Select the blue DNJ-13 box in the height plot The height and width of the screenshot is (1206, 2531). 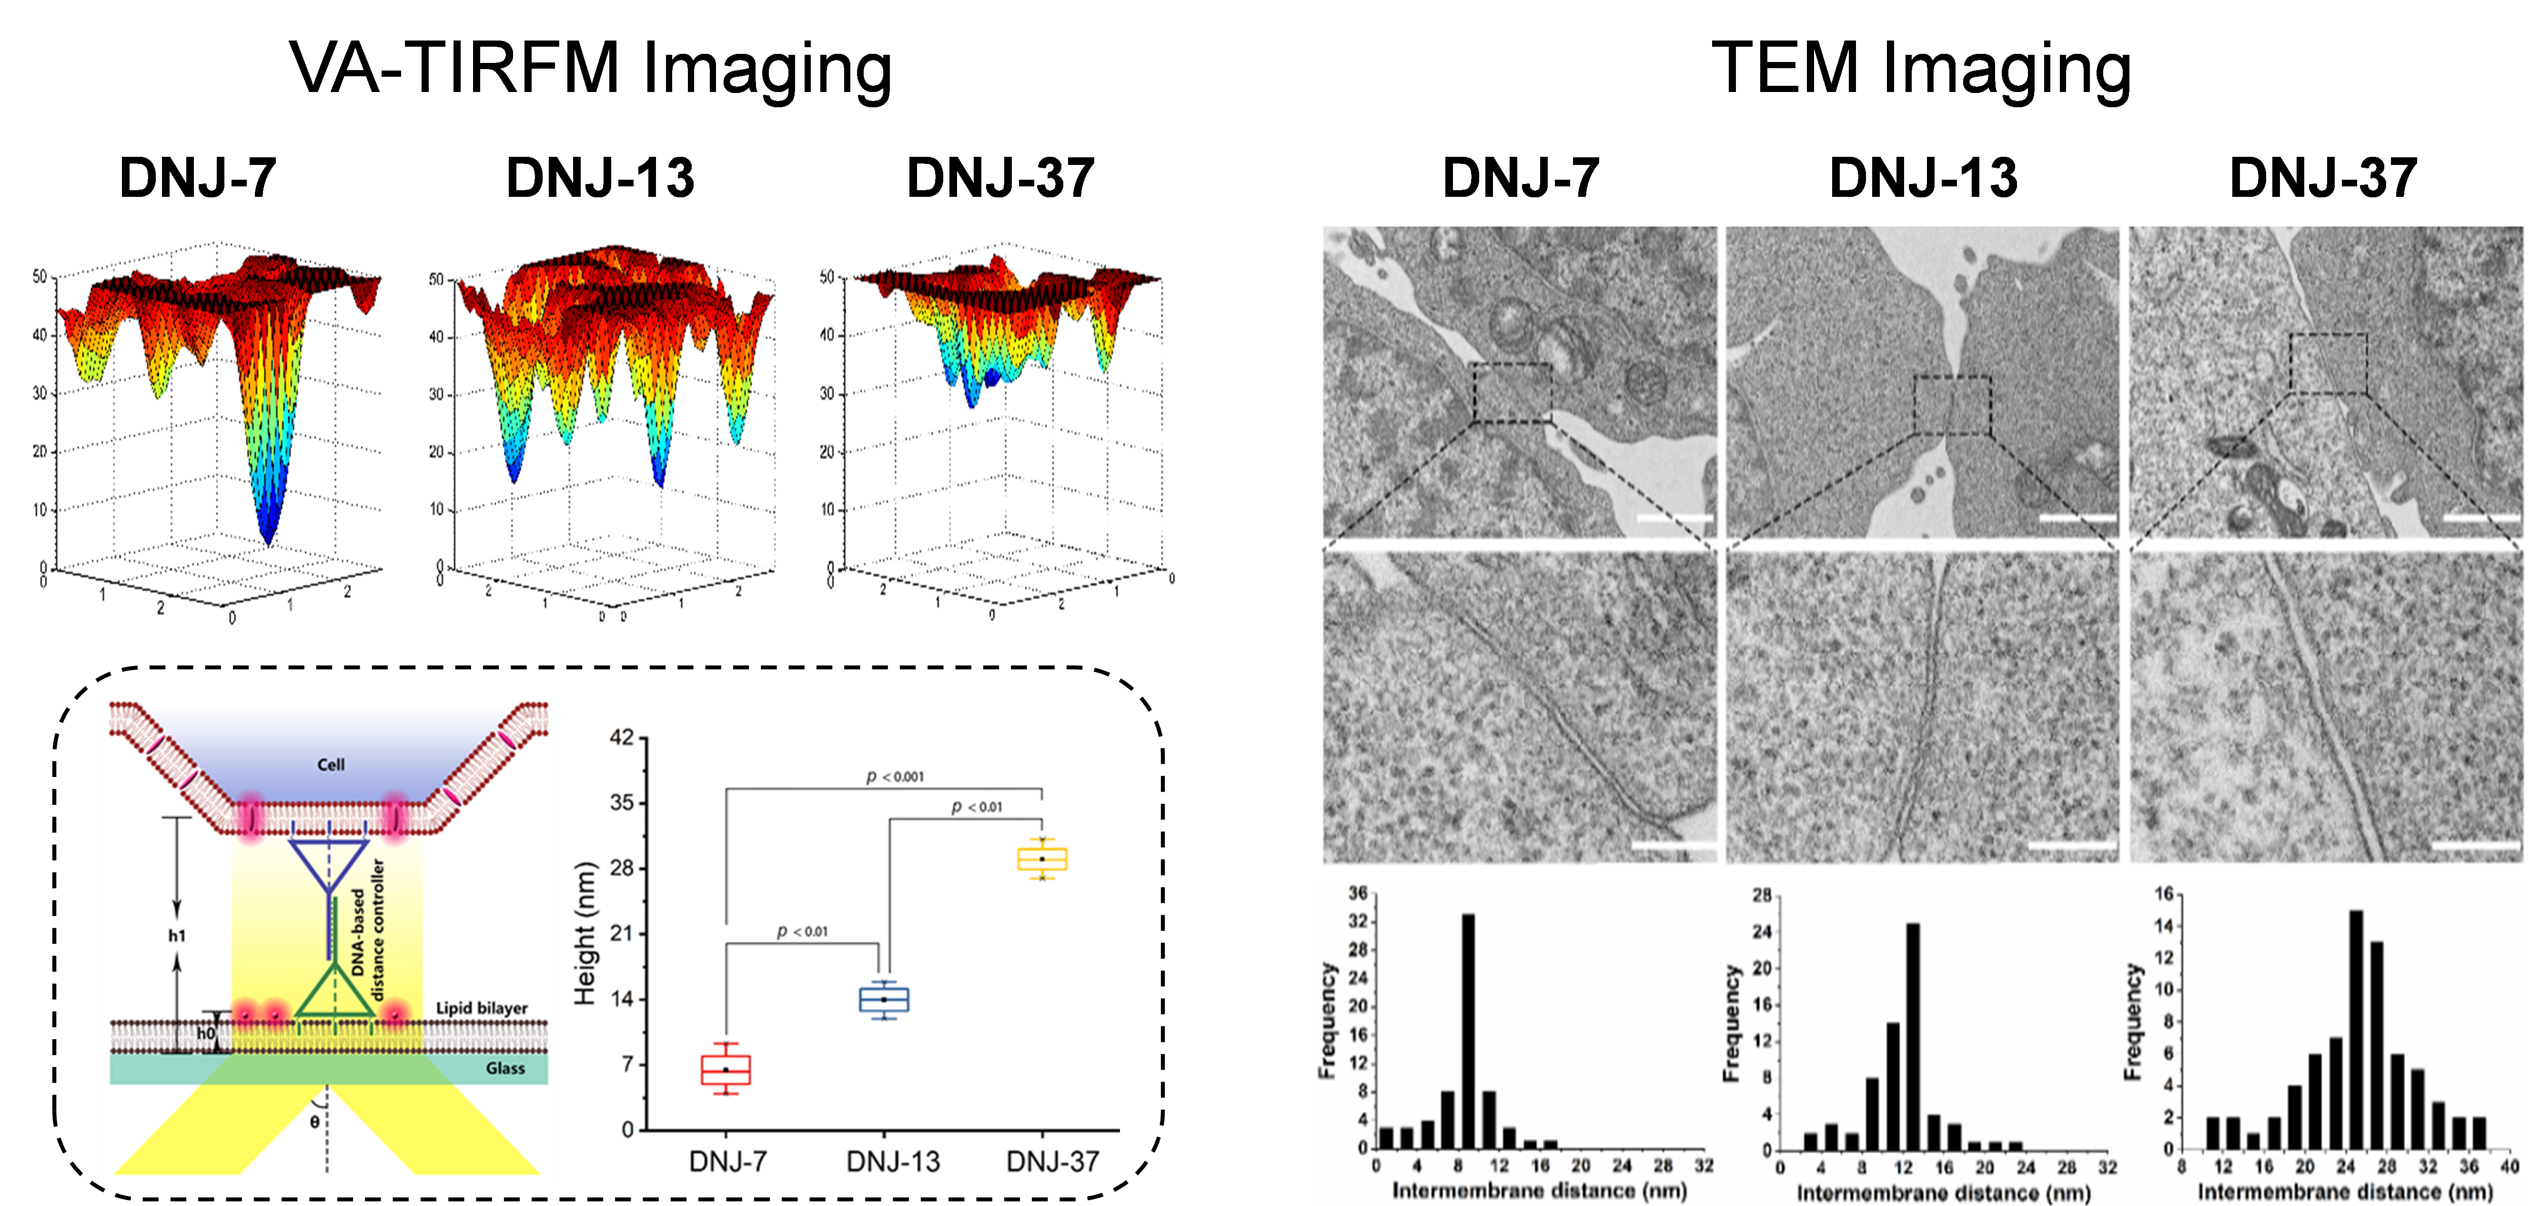click(884, 1000)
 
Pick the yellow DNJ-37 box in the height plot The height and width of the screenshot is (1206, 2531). click(1042, 859)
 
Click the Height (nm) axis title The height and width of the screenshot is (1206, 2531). click(585, 934)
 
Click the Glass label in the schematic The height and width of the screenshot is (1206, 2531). click(505, 1068)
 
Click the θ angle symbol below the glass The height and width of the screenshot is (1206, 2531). click(314, 1122)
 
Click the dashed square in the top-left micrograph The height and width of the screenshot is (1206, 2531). click(1512, 393)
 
